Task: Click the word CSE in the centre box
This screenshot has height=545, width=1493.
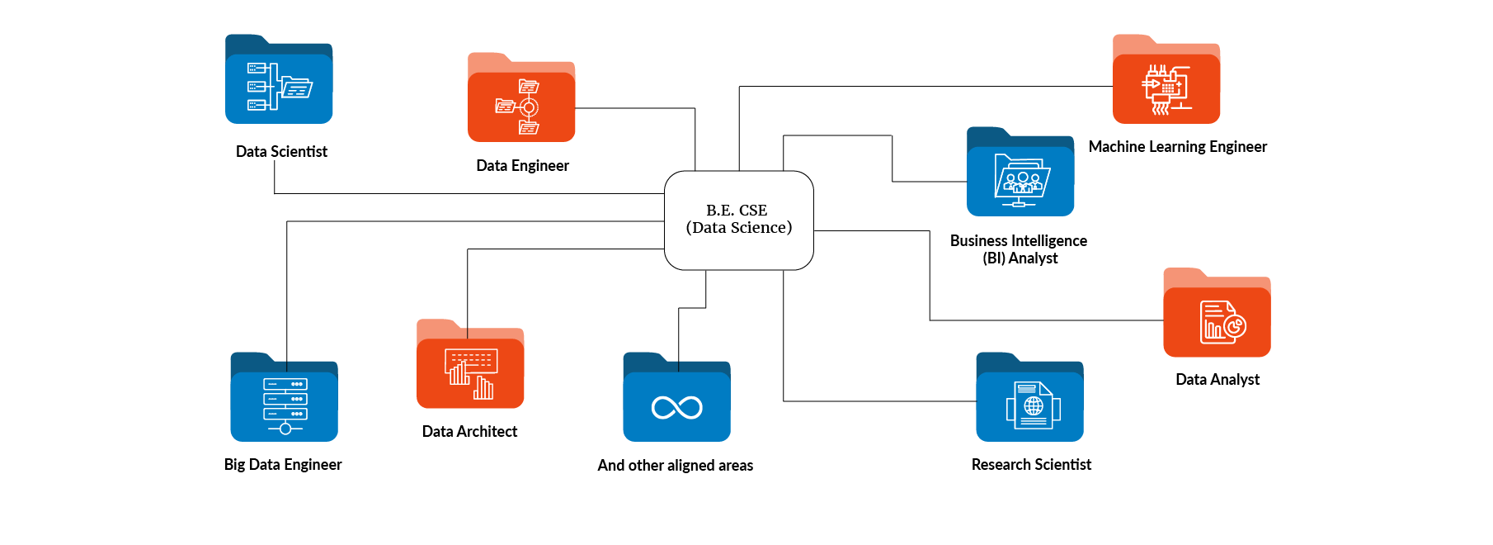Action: pos(753,211)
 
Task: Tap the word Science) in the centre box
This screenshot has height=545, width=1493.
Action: pos(761,228)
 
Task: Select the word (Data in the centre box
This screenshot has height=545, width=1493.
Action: pos(706,228)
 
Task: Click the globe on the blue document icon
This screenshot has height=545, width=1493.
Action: pos(1034,406)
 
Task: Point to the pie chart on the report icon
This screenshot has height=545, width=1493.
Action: pos(1235,327)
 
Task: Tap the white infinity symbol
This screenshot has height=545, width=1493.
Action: pos(676,407)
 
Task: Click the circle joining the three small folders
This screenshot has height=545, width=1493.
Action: pos(529,107)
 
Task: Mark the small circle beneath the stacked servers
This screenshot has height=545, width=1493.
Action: pos(285,429)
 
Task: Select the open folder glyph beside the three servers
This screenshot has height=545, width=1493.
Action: pos(296,88)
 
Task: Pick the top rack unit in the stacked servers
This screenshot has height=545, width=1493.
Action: pos(285,384)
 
